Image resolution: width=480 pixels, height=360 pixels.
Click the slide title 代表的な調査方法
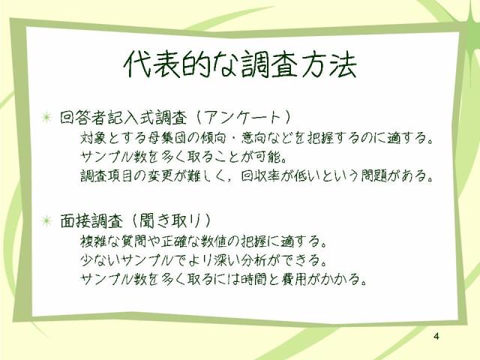coord(240,64)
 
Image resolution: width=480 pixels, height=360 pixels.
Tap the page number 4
coord(436,336)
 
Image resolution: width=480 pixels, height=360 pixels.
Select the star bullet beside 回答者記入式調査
coord(46,117)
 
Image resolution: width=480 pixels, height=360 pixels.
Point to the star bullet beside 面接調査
coord(46,220)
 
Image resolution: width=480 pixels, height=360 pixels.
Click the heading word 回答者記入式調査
coord(123,118)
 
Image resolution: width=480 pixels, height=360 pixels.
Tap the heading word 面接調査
coord(91,220)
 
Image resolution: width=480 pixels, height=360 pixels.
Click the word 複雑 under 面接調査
coord(93,241)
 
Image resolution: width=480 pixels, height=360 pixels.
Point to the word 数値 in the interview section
coord(214,241)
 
